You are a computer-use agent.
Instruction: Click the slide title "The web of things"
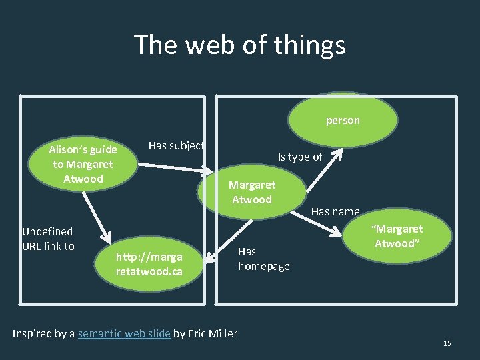click(240, 45)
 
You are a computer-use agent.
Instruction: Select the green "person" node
click(343, 120)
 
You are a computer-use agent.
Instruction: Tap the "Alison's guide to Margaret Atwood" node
click(83, 164)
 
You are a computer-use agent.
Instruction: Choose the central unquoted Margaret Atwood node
click(251, 193)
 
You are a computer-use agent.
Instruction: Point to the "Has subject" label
click(175, 145)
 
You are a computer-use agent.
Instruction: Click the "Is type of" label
click(300, 157)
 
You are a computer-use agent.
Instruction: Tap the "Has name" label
click(335, 211)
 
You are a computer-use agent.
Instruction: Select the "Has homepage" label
click(263, 259)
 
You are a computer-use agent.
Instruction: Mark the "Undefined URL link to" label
click(48, 239)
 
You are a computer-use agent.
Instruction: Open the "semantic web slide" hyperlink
click(124, 333)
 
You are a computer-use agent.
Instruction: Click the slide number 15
click(447, 343)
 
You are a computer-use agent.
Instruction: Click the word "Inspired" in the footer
click(33, 333)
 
